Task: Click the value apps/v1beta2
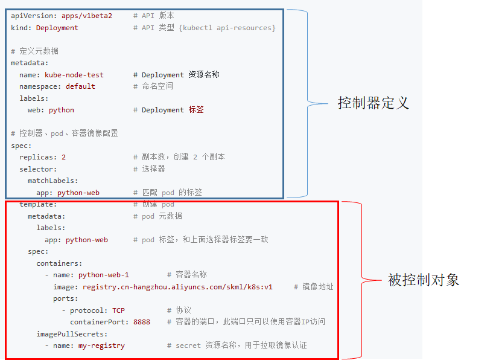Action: pyautogui.click(x=87, y=16)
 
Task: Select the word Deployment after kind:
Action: pyautogui.click(x=57, y=28)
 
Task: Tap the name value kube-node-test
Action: pyautogui.click(x=74, y=75)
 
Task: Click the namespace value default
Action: pyautogui.click(x=80, y=86)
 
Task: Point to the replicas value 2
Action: pyautogui.click(x=63, y=157)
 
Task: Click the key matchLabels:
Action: pyautogui.click(x=52, y=181)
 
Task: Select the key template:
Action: pyautogui.click(x=38, y=204)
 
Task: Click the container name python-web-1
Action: pyautogui.click(x=103, y=275)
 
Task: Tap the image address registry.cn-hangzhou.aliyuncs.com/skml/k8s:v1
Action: pyautogui.click(x=177, y=287)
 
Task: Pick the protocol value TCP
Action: pyautogui.click(x=118, y=310)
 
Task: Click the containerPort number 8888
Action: pyautogui.click(x=142, y=322)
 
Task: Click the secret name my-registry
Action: pyautogui.click(x=101, y=346)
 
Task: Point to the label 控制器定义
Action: pyautogui.click(x=373, y=103)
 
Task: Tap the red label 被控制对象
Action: pyautogui.click(x=424, y=280)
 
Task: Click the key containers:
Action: pyautogui.click(x=59, y=263)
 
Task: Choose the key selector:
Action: pyautogui.click(x=38, y=169)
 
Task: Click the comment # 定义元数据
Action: pyautogui.click(x=34, y=51)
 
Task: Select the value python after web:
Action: pyautogui.click(x=61, y=110)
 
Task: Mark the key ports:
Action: pyautogui.click(x=65, y=298)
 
